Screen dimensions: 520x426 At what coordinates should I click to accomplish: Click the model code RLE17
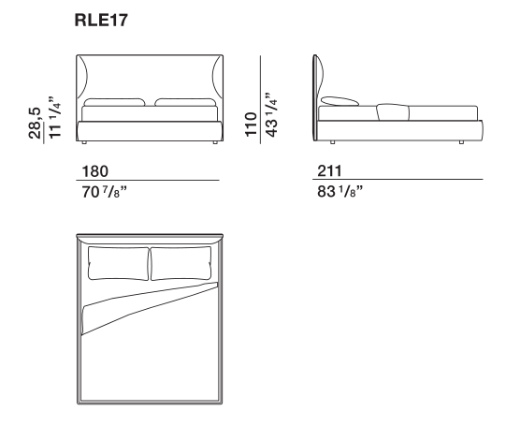click(x=101, y=21)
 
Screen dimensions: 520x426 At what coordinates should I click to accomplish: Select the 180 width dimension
click(x=94, y=171)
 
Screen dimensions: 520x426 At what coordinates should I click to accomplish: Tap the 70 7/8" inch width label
click(x=104, y=192)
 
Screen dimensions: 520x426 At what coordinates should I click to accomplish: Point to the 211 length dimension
click(x=329, y=170)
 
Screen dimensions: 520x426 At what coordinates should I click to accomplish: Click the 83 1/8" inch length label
click(x=339, y=192)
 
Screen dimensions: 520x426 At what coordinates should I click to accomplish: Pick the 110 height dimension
click(x=251, y=125)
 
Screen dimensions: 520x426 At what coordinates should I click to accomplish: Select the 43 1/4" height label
click(x=271, y=114)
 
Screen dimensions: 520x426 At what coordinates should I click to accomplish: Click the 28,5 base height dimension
click(x=35, y=123)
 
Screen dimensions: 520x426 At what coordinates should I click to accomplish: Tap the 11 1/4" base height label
click(x=55, y=117)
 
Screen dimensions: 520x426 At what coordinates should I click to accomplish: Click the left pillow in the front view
click(x=115, y=102)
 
